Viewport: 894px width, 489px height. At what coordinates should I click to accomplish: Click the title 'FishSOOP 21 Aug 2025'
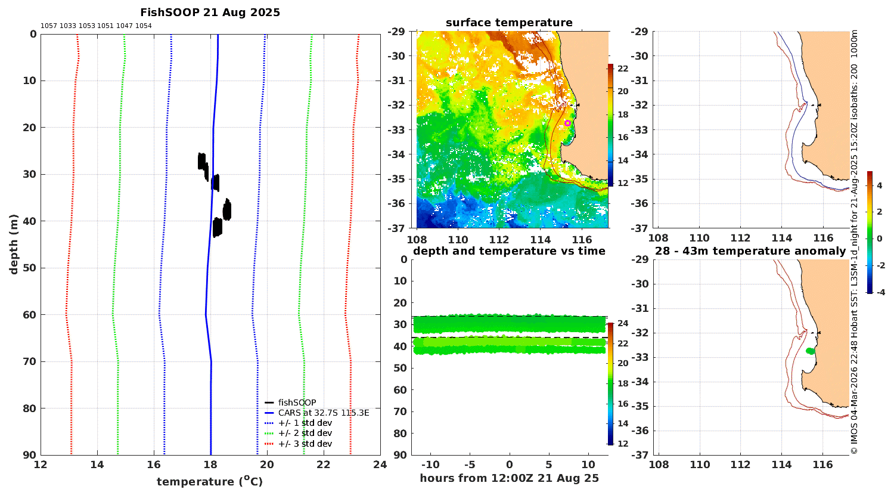pos(210,13)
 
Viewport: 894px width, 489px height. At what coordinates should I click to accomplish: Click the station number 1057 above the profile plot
pos(49,26)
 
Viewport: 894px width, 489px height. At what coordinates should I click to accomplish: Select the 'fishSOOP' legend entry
pos(297,403)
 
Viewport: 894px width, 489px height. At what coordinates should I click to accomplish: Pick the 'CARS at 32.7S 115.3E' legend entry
pos(323,413)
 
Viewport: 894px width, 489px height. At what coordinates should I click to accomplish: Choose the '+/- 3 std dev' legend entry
pos(305,444)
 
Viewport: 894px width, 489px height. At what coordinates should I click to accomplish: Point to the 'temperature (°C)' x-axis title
pos(210,481)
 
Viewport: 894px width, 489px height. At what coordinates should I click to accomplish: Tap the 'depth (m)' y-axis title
pos(14,244)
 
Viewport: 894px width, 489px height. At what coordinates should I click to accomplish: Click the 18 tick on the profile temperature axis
pos(210,465)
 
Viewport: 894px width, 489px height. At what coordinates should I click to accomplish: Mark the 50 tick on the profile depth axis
pos(30,268)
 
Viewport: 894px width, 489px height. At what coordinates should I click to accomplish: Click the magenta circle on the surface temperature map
pos(567,123)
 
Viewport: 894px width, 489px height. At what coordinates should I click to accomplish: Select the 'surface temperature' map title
pos(509,23)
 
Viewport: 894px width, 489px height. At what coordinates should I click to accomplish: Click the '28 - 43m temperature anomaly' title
pos(750,251)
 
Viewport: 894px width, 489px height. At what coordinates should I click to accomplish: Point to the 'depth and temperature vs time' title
pos(509,251)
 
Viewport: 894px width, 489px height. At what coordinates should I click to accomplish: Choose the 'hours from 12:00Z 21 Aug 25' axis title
pos(509,478)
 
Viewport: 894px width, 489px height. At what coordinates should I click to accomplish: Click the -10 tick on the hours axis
pos(430,465)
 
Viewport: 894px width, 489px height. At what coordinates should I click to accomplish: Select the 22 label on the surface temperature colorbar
pos(623,69)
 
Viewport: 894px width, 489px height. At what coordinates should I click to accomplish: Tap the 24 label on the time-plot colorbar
pos(623,323)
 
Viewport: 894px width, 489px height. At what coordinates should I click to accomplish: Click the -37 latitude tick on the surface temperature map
pos(396,228)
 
